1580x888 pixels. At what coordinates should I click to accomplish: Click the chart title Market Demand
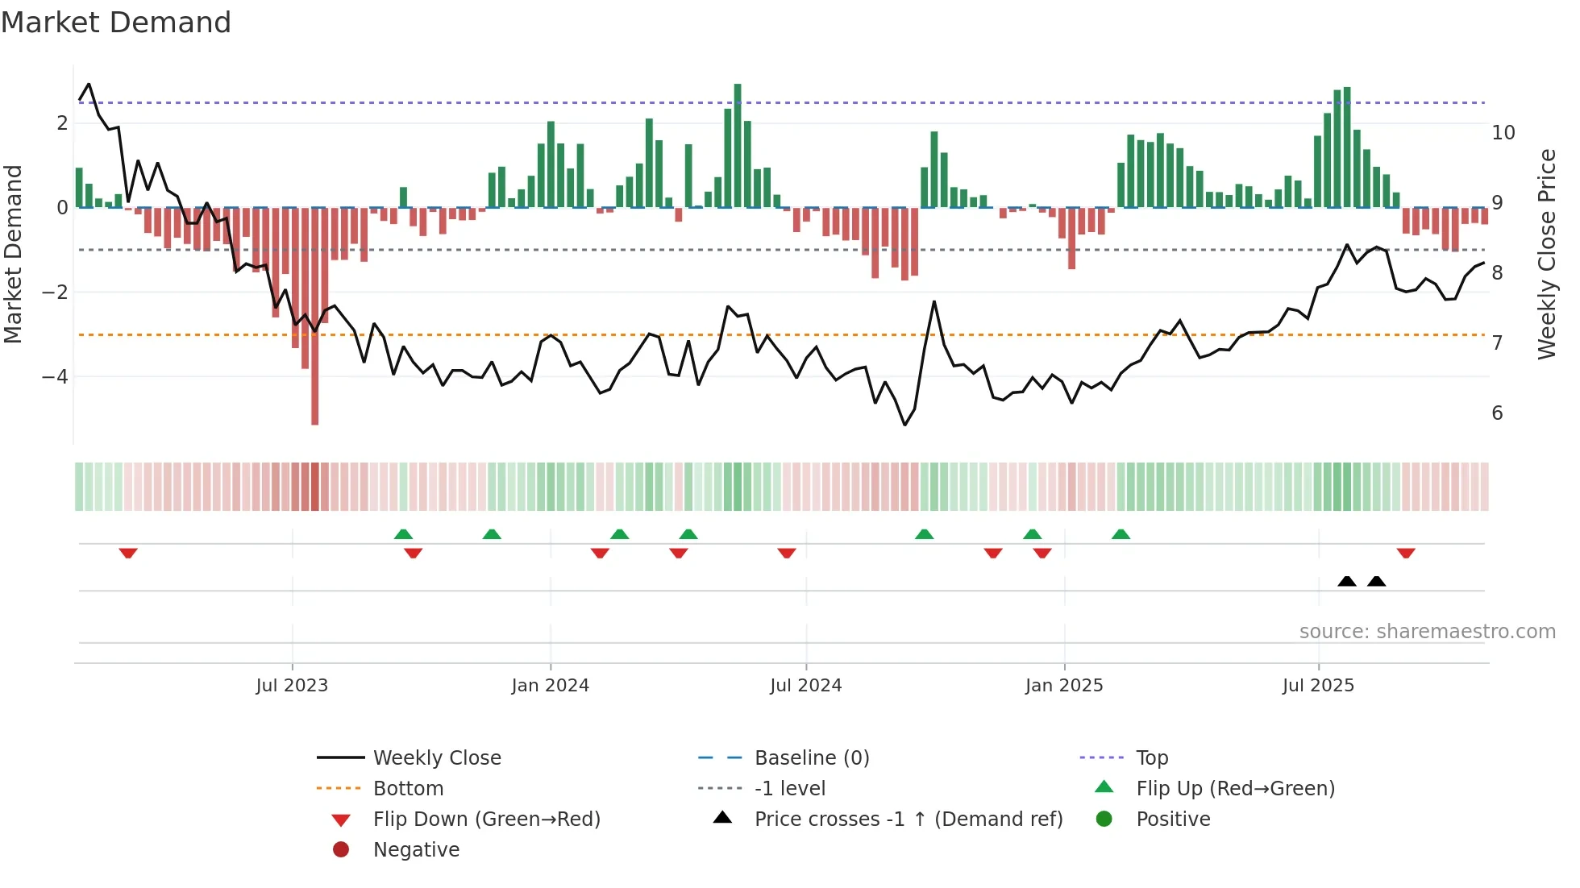(x=116, y=23)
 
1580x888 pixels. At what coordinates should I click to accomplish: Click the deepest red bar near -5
(x=314, y=322)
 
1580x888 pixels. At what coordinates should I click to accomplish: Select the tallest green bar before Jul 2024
(x=738, y=145)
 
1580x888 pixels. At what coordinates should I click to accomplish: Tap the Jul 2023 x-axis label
(x=292, y=686)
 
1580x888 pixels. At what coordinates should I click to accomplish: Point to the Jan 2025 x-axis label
(x=1064, y=686)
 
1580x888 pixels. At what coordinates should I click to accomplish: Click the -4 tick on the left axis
(x=55, y=376)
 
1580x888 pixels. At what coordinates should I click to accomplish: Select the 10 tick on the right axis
(x=1503, y=133)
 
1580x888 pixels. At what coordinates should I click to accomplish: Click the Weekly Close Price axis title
(x=1547, y=254)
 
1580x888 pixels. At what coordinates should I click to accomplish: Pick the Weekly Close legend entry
(x=437, y=758)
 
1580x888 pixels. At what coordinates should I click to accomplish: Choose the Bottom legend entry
(x=408, y=789)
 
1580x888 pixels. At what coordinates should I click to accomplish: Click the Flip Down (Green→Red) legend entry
(x=486, y=820)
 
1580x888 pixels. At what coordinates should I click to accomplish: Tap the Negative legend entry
(x=416, y=850)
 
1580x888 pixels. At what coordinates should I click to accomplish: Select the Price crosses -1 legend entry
(x=908, y=820)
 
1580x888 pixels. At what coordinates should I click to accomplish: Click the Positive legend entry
(x=1173, y=820)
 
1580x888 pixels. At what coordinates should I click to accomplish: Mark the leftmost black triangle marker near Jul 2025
(x=1347, y=581)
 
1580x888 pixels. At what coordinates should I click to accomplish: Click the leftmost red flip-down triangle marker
(x=128, y=553)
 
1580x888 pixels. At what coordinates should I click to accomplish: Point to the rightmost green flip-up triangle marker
(x=1121, y=534)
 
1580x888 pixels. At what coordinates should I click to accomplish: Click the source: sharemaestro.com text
(x=1427, y=632)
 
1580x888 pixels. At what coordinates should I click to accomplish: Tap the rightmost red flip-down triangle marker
(x=1406, y=553)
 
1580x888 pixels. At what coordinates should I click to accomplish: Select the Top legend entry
(x=1152, y=758)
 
